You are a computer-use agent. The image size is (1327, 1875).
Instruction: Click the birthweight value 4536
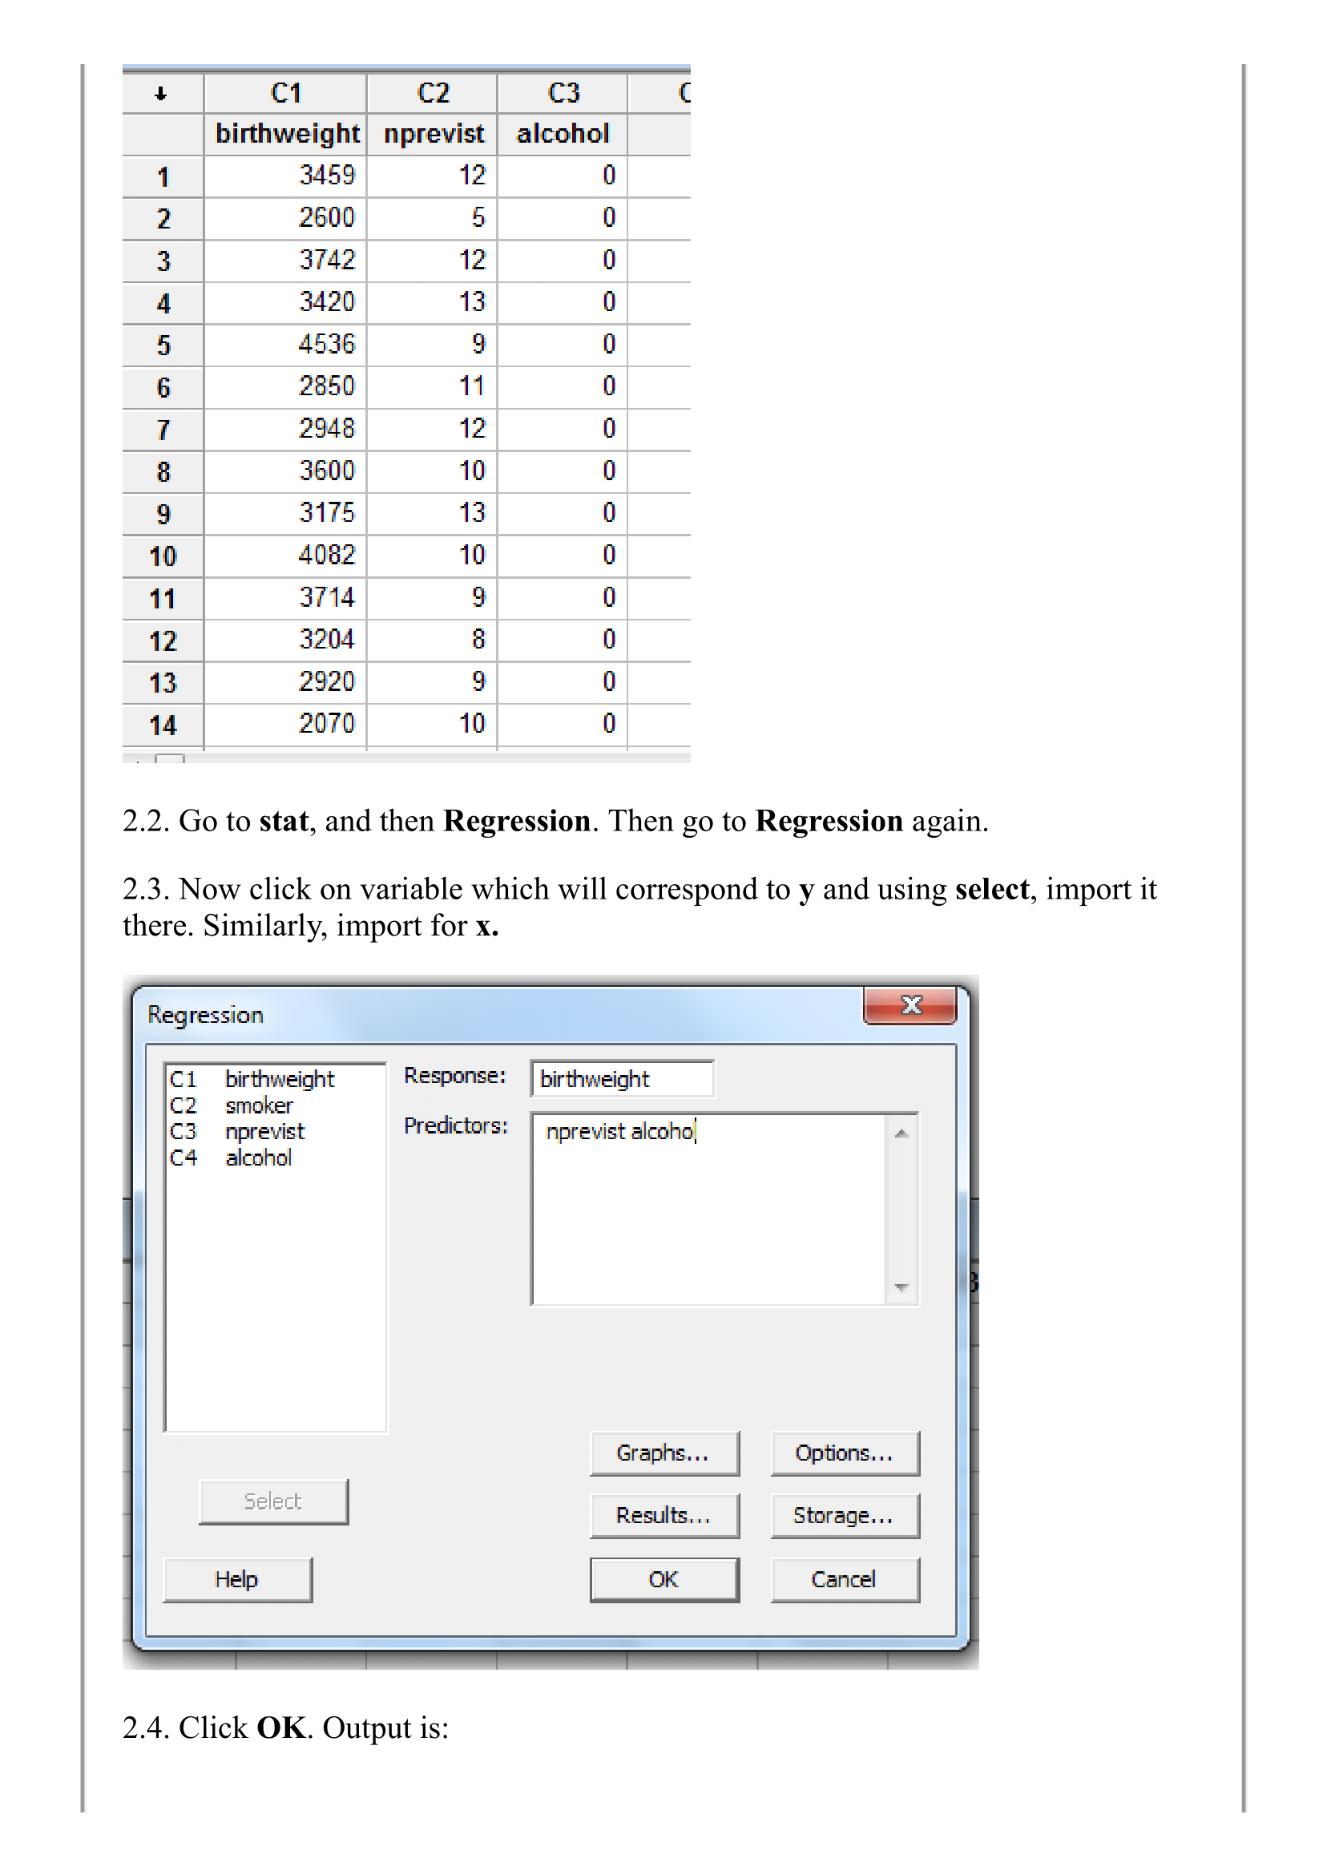click(326, 344)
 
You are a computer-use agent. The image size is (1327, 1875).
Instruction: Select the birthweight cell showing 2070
click(326, 723)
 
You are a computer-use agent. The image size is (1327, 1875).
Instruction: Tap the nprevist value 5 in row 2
click(478, 217)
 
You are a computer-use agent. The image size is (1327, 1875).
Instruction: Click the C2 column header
click(432, 93)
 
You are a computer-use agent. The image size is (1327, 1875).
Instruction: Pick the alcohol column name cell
click(563, 133)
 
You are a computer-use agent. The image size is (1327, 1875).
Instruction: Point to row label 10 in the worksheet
click(163, 556)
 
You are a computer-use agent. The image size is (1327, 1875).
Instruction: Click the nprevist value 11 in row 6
click(471, 386)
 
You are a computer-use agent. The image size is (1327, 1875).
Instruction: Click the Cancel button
click(843, 1579)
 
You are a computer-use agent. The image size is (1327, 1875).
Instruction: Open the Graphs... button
click(663, 1453)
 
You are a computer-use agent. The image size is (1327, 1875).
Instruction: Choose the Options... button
click(843, 1453)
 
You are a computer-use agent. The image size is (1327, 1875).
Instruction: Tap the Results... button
click(663, 1516)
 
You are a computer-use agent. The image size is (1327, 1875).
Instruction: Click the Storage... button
click(843, 1516)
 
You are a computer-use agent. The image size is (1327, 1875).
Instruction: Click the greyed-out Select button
click(273, 1501)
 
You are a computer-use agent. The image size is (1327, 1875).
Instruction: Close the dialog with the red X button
click(910, 1005)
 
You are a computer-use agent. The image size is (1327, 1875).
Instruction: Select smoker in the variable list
click(258, 1106)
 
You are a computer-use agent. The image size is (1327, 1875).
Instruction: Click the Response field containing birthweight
click(621, 1079)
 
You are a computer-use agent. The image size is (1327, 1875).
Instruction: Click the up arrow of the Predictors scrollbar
click(901, 1133)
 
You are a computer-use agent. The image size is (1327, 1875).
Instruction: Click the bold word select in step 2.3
click(991, 889)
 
